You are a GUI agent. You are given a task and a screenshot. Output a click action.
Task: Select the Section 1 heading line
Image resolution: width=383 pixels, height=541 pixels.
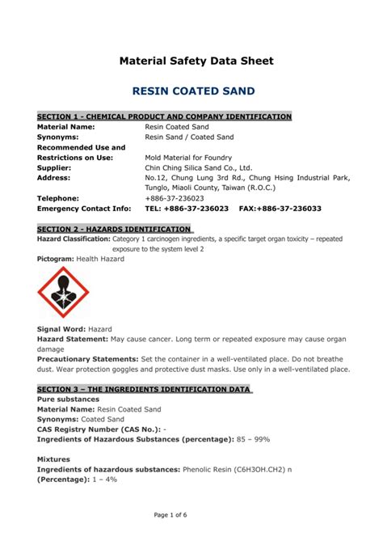coord(164,117)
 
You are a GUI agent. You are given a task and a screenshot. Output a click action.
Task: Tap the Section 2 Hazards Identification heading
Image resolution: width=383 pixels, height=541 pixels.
coord(114,229)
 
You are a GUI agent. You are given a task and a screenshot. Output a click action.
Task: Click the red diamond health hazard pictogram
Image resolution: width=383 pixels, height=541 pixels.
coord(64,292)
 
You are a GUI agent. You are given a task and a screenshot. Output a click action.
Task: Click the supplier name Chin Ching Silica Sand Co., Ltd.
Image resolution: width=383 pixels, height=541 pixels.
coord(198,167)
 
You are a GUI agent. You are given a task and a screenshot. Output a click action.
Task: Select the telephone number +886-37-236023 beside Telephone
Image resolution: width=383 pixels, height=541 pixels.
coord(175,198)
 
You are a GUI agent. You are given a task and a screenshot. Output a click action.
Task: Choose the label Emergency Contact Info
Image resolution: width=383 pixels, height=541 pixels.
coord(84,209)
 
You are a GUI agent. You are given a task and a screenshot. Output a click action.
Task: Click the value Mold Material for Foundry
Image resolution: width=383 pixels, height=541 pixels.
coord(188,158)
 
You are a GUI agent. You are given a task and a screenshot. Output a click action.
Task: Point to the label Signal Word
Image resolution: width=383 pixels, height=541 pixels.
coord(61,330)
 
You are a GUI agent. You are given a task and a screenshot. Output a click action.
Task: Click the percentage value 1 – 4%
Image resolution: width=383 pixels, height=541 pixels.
coord(104,480)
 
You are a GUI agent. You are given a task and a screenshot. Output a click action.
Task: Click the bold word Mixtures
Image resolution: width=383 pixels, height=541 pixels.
coord(56,459)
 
